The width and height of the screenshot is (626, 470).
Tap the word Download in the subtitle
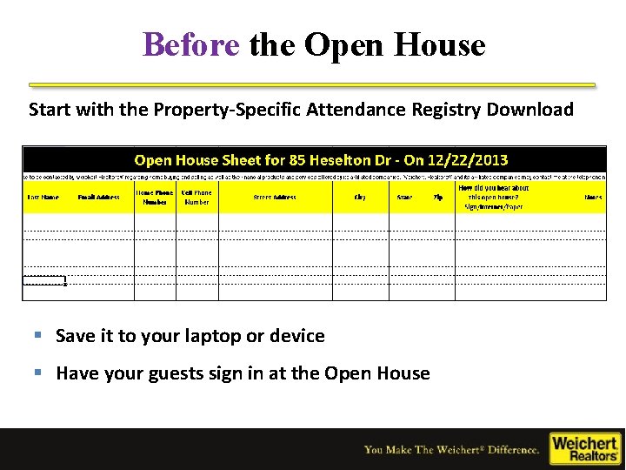530,110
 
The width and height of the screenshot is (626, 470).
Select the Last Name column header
43,198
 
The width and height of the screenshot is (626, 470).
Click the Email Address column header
99,198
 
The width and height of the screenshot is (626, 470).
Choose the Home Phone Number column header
155,198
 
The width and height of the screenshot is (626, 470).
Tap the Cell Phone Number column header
196,198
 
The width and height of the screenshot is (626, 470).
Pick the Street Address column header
275,198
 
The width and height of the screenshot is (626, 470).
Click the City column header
360,198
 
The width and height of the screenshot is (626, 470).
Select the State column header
404,198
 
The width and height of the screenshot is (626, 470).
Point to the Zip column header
438,198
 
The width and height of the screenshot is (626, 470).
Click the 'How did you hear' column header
493,198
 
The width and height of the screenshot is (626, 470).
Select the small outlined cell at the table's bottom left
44,280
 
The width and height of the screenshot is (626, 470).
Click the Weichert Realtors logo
584,447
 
